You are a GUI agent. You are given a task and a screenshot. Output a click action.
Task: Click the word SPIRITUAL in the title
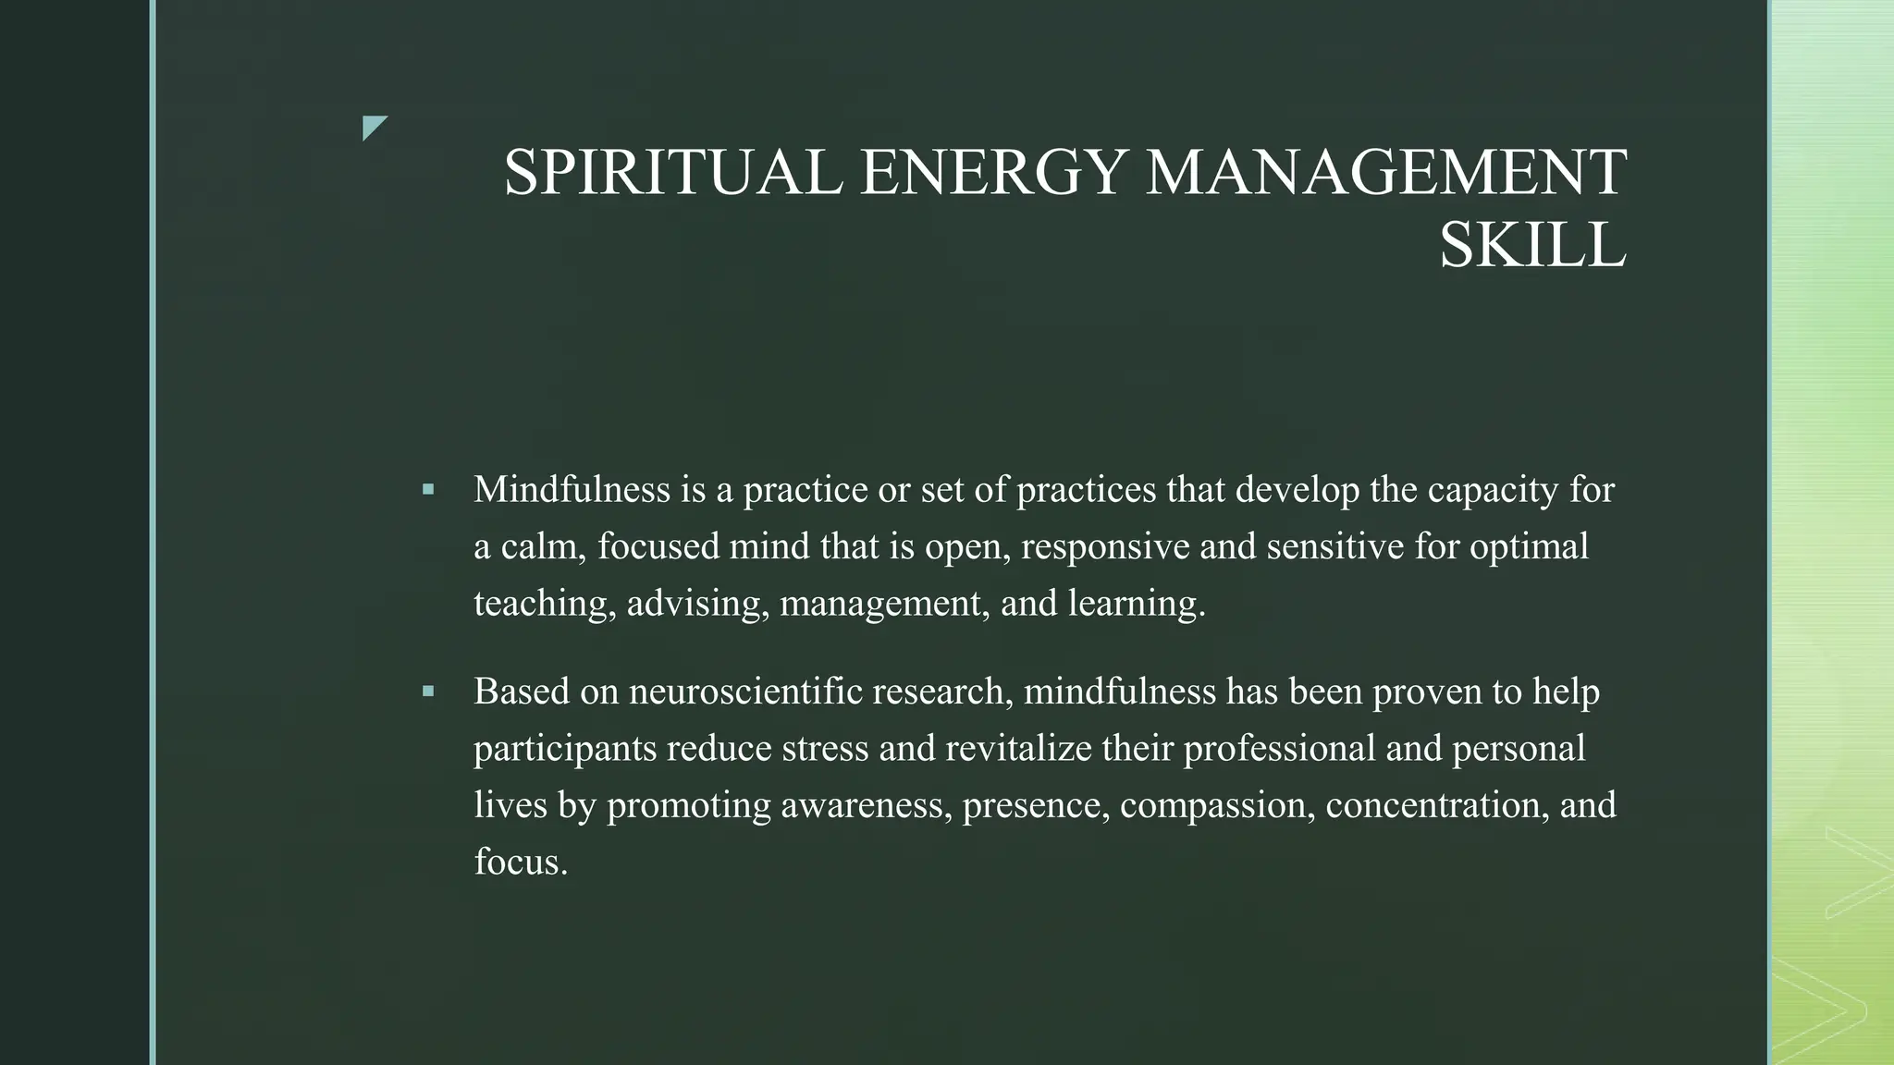pos(672,173)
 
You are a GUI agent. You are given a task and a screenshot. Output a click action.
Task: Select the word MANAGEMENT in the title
pos(1384,173)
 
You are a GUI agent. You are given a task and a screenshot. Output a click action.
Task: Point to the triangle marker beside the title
pos(373,127)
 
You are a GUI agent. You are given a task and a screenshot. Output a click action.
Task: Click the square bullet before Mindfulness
pos(427,489)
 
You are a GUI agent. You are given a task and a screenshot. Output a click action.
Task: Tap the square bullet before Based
pos(427,691)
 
